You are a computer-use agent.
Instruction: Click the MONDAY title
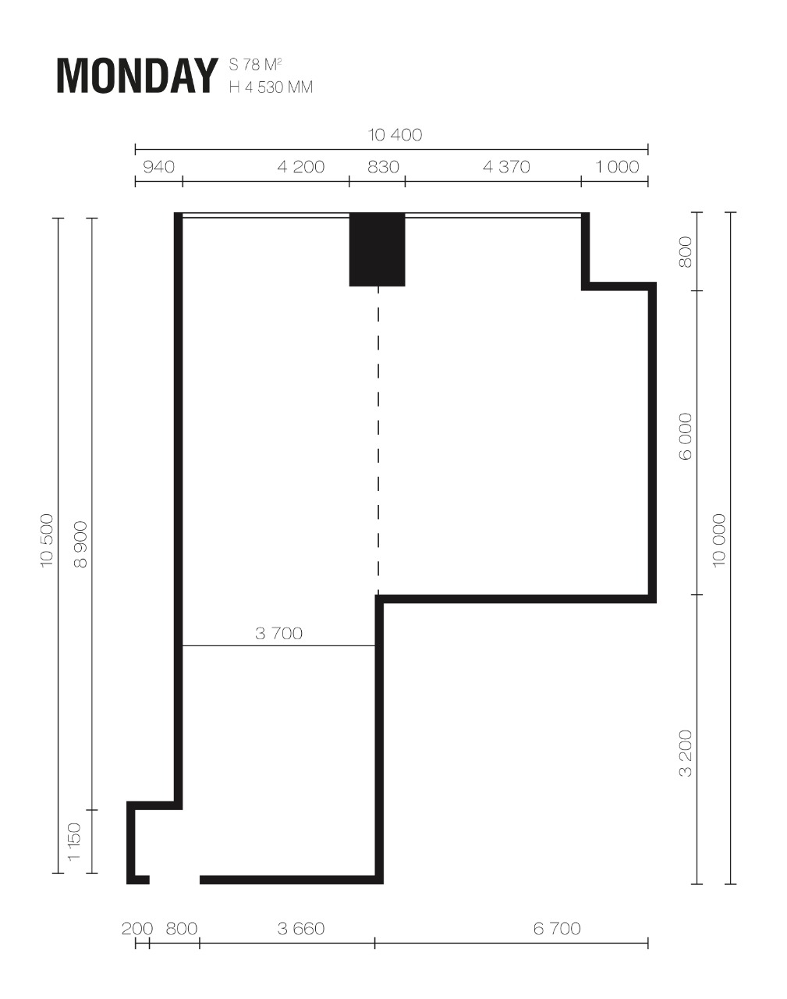point(137,76)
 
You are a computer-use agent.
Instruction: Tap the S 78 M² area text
point(255,65)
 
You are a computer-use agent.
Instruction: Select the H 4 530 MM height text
point(271,87)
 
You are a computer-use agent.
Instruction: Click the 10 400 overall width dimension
point(395,134)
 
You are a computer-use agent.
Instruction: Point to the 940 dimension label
point(158,167)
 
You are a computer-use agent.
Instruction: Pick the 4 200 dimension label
point(301,167)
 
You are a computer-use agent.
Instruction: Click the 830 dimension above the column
point(383,167)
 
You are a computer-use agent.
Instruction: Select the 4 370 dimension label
point(506,167)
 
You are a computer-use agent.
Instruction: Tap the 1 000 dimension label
point(617,167)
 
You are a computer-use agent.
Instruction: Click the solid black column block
point(378,249)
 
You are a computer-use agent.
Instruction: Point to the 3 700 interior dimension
point(279,633)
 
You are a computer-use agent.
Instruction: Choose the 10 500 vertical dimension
point(47,540)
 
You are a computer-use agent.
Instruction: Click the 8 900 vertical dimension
point(81,545)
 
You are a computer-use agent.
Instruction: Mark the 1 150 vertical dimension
point(74,841)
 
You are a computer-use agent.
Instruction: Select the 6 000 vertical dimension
point(685,436)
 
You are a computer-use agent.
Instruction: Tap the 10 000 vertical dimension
point(719,540)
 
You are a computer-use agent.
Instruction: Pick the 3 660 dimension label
point(301,929)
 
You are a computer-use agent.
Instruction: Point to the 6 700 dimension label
point(557,929)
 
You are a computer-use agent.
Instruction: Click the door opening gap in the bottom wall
point(175,880)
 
